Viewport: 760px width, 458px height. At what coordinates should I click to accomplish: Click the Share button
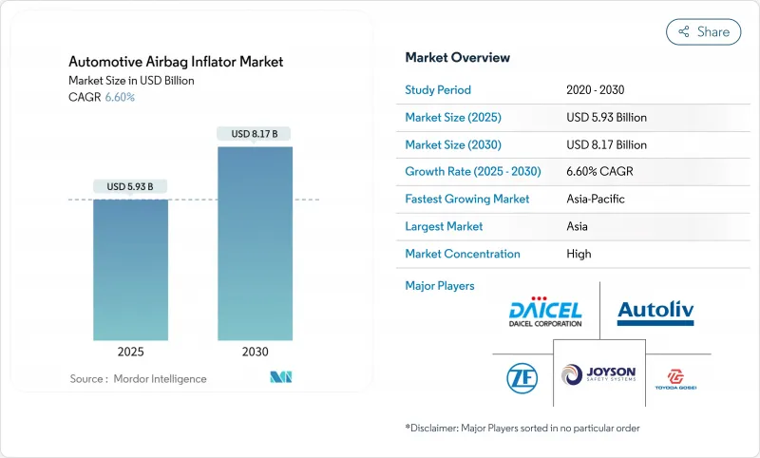(704, 31)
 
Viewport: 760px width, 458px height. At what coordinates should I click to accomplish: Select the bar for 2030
(255, 242)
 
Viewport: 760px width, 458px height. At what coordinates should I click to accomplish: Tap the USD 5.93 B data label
(130, 185)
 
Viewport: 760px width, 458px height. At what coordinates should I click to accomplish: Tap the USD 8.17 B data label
(255, 134)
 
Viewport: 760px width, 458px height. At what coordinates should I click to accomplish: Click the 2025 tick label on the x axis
(130, 351)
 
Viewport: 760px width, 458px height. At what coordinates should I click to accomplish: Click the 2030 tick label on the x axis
(255, 351)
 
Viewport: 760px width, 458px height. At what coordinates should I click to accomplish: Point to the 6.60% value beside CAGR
(119, 97)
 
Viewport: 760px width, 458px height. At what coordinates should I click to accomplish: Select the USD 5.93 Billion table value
(606, 118)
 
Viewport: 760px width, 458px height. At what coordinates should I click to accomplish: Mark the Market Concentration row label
(463, 254)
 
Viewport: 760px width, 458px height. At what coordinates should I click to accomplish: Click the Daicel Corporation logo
(544, 309)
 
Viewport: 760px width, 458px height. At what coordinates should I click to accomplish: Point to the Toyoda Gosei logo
(678, 378)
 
